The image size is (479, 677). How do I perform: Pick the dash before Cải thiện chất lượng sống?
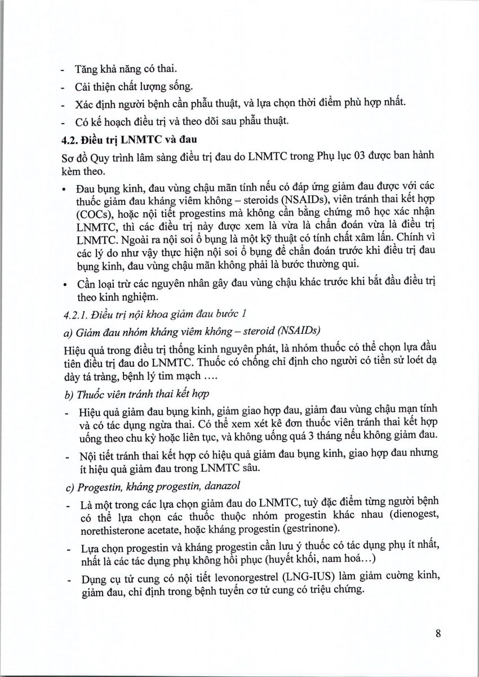pos(63,87)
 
